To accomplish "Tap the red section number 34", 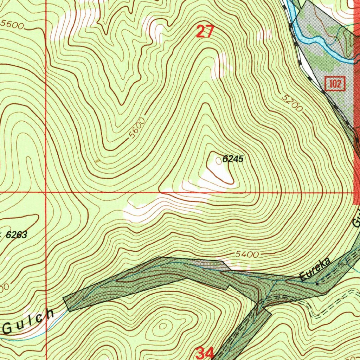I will [205, 353].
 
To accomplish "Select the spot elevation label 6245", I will [233, 159].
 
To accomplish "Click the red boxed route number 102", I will [335, 84].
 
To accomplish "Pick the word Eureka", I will [316, 269].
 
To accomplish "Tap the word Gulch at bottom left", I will [28, 321].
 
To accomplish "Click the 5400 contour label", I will [247, 254].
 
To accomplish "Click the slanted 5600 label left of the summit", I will [136, 128].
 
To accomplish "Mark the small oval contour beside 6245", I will [219, 161].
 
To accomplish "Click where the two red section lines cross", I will [46, 193].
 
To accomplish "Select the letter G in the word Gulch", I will [8, 329].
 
